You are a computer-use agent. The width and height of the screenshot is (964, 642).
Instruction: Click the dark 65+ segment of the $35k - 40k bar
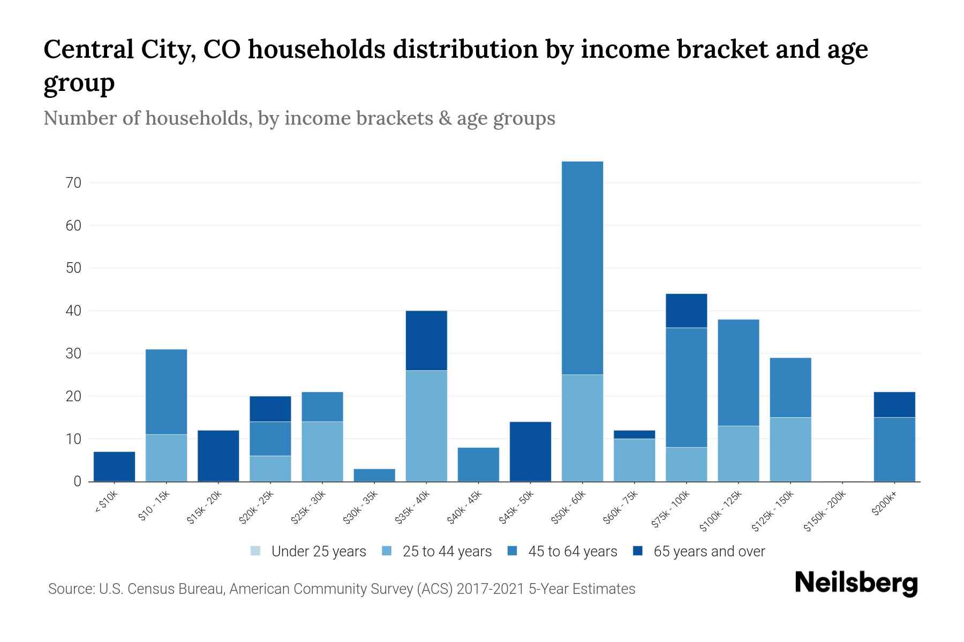point(426,340)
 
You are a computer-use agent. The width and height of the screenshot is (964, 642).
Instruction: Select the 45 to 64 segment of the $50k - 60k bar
point(582,267)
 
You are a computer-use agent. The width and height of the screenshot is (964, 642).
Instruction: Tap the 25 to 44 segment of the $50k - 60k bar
point(582,428)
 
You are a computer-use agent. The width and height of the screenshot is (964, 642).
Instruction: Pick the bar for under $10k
point(114,467)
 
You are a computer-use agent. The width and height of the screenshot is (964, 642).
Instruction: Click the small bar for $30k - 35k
point(374,475)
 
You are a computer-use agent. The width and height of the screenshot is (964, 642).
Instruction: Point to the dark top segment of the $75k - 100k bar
point(686,310)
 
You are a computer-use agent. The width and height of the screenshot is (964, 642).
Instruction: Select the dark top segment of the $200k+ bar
point(894,404)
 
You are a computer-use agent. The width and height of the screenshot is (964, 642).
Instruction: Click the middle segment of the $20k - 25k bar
point(270,439)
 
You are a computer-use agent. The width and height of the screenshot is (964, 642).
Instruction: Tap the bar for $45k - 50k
point(530,452)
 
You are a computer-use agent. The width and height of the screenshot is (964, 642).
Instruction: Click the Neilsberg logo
point(856,583)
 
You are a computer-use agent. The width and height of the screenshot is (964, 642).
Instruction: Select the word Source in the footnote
point(71,589)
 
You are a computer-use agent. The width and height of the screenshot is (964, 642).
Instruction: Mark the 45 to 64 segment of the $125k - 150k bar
point(790,387)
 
